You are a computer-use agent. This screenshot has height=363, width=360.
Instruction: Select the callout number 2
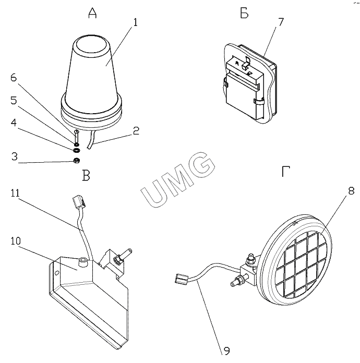[x=135, y=131]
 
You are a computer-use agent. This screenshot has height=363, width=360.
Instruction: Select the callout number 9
[x=226, y=350]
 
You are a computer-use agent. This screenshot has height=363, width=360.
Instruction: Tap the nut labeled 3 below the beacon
[x=76, y=160]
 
